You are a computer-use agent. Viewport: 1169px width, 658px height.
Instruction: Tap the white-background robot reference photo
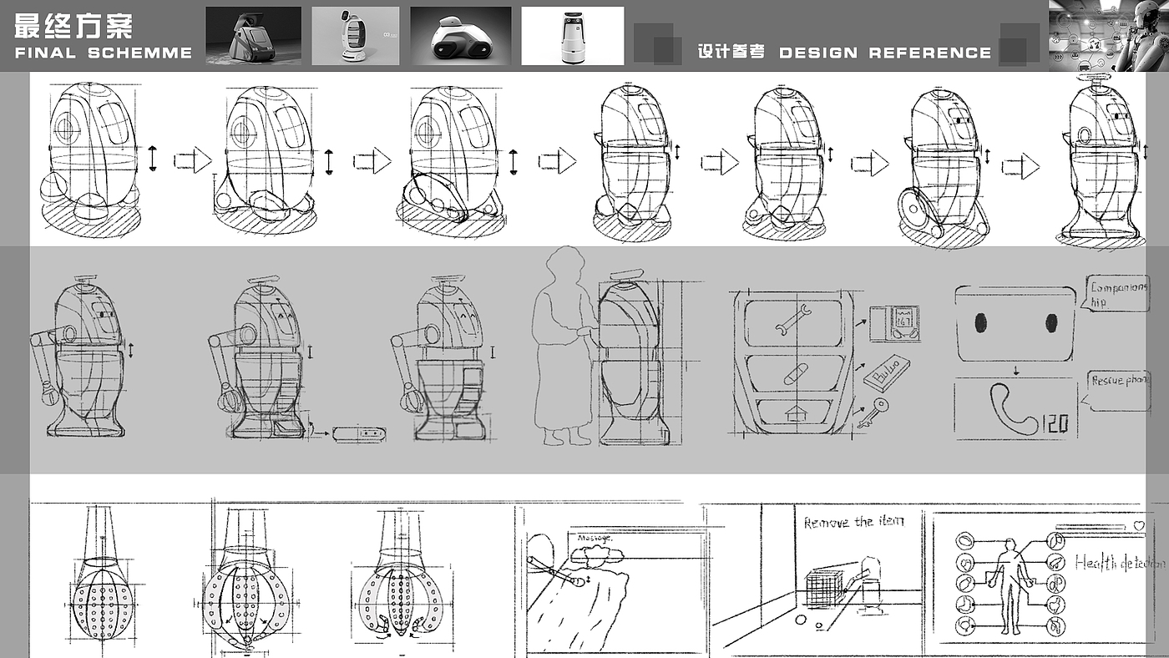tap(573, 36)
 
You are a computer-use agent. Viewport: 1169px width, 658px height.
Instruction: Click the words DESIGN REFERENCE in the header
tap(885, 53)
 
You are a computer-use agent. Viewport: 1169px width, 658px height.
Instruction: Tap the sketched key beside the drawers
tap(873, 413)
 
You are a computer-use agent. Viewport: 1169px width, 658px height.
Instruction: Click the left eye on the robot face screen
tap(981, 322)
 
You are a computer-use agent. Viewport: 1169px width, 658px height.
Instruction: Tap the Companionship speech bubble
tap(1117, 295)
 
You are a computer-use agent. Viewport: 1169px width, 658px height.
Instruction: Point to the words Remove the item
tap(853, 522)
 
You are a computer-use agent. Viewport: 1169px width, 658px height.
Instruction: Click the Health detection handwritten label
tap(1119, 564)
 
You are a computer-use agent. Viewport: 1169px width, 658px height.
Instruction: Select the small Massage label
tap(595, 539)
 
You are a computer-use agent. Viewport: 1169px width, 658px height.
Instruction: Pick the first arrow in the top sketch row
tap(192, 160)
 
